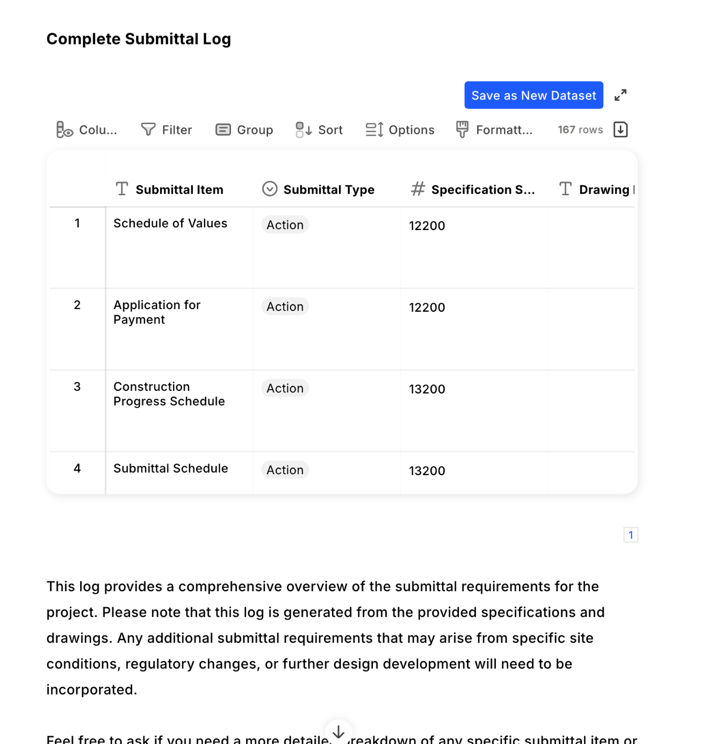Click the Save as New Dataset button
(x=533, y=95)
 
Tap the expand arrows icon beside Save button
(x=620, y=95)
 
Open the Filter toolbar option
(x=167, y=130)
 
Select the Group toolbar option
(x=244, y=130)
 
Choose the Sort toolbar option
(x=319, y=130)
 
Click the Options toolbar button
(x=400, y=130)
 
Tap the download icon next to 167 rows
(x=620, y=130)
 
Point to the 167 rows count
(x=580, y=130)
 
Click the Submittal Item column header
(x=179, y=190)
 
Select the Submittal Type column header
(x=328, y=190)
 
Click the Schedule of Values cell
(x=170, y=224)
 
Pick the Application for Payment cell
(x=157, y=312)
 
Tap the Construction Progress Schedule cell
(x=169, y=394)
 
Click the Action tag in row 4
(x=285, y=470)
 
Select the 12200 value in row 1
(x=427, y=226)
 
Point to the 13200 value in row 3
(x=427, y=389)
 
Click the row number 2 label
(x=77, y=305)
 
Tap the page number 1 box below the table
(x=630, y=535)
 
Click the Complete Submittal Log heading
(x=139, y=39)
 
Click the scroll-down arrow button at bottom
(x=339, y=732)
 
